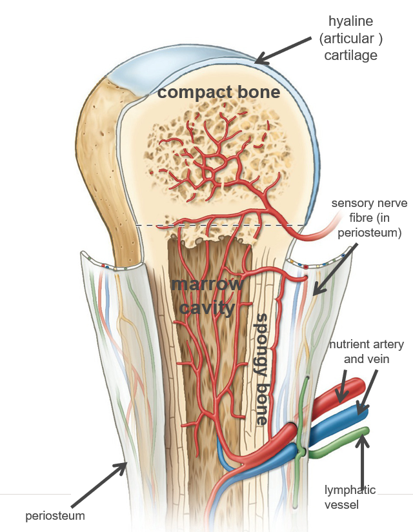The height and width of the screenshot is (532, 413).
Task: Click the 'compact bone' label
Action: pos(219,92)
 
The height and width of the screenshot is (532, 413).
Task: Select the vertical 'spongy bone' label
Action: pos(262,368)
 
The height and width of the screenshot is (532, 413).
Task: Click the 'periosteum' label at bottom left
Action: pos(55,515)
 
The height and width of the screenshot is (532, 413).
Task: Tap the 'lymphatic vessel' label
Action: pos(350,497)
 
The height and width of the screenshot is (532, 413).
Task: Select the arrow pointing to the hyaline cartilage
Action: pos(282,50)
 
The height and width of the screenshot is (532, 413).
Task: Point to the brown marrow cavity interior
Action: pos(194,361)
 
